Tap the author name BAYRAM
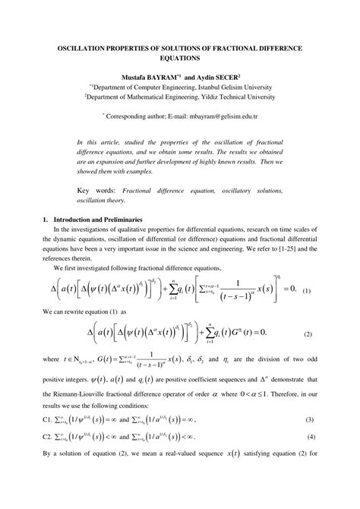(172, 77)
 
